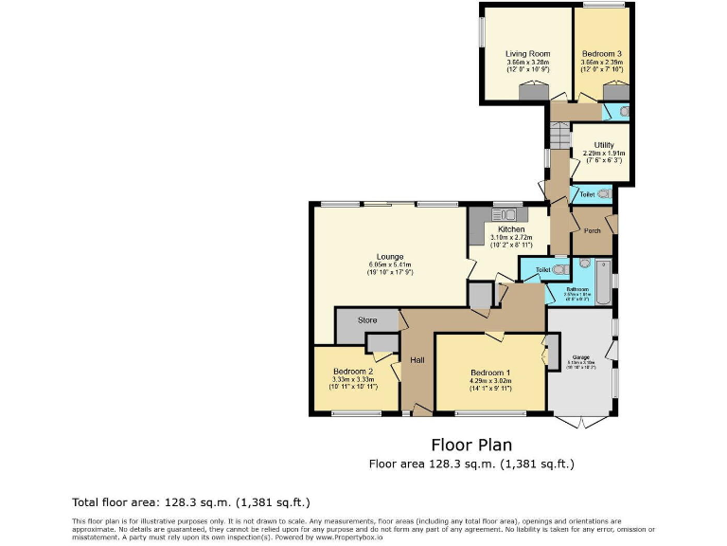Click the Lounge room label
(x=390, y=256)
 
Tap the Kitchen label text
(x=511, y=230)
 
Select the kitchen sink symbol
(x=501, y=212)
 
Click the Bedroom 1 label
(x=490, y=373)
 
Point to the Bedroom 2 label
(x=352, y=372)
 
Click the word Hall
(x=417, y=359)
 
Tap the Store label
(x=367, y=320)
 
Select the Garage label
(x=579, y=356)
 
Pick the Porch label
(x=593, y=230)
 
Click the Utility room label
(x=603, y=145)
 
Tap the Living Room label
(x=523, y=54)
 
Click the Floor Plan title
(x=471, y=445)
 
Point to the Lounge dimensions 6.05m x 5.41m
(x=390, y=264)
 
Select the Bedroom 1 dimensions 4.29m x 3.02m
(x=490, y=381)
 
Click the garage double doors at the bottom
(x=581, y=420)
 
